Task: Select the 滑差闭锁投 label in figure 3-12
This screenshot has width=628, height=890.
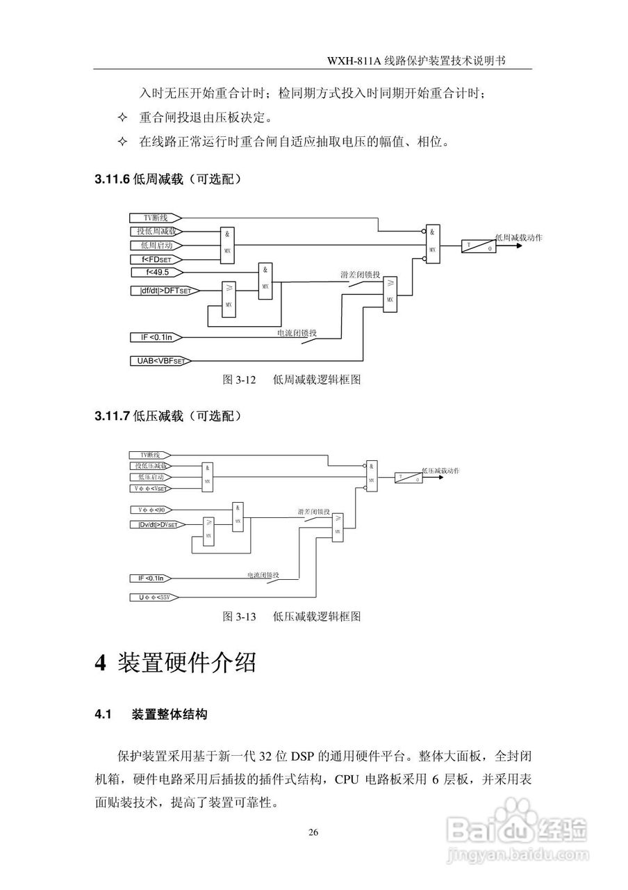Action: click(x=360, y=275)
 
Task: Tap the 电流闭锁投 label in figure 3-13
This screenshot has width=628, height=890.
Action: click(x=263, y=575)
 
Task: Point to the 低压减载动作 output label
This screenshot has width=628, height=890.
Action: click(x=440, y=471)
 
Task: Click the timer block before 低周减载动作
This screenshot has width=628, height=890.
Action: click(x=478, y=245)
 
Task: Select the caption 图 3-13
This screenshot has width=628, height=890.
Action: click(x=239, y=616)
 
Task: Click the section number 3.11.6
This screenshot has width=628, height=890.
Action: click(x=112, y=180)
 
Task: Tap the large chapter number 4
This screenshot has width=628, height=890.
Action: click(x=100, y=663)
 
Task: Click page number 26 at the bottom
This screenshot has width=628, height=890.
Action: click(x=313, y=832)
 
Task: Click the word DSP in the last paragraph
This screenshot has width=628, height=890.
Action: click(x=302, y=756)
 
